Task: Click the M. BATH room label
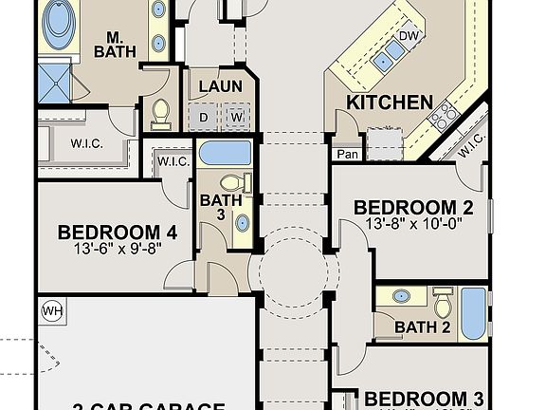tap(118, 43)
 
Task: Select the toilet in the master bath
tap(160, 113)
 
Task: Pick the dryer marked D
tap(205, 117)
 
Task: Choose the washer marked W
tap(236, 117)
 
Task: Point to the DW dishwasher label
tap(409, 37)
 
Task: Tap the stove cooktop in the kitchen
tap(443, 116)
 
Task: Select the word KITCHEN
tap(390, 102)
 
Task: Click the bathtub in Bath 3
tap(225, 153)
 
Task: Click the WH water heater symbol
tap(50, 309)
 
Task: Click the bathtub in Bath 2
tap(472, 313)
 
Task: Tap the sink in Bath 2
tap(402, 296)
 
